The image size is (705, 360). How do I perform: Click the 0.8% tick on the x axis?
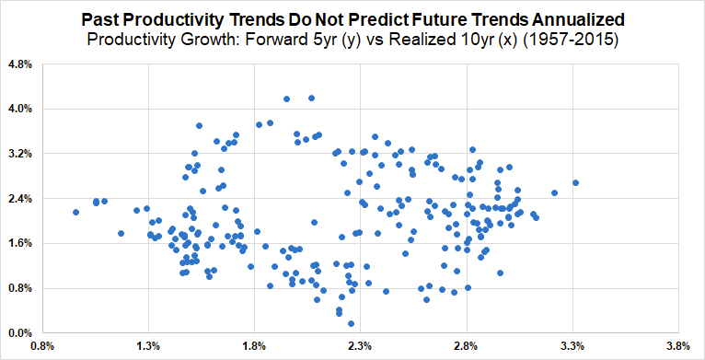point(42,346)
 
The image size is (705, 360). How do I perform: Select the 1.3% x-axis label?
point(148,346)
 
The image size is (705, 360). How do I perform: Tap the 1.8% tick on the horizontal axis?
point(255,346)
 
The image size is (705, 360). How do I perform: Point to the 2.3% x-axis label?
point(361,346)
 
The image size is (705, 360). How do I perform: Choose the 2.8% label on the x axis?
point(467,346)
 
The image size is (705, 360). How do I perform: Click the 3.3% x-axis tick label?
point(572,346)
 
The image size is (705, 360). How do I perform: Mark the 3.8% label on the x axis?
point(679,346)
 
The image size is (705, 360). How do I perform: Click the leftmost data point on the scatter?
point(75,212)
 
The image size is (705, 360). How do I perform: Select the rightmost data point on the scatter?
point(575,182)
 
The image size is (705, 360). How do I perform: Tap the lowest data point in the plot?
point(352,323)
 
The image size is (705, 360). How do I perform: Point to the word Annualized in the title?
point(584,20)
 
